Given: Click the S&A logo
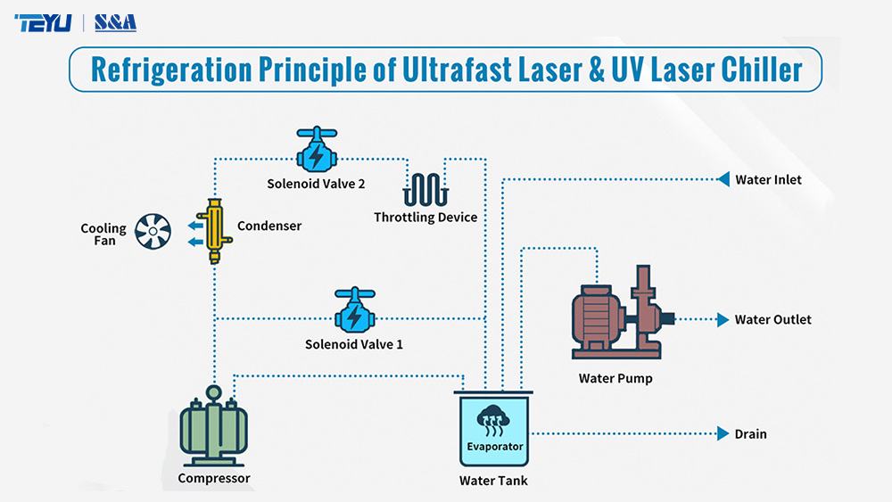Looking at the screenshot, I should click(x=115, y=22).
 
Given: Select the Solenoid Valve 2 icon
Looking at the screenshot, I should click(x=316, y=152).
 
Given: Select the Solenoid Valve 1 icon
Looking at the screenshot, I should click(x=354, y=311).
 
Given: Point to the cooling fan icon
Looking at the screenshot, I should click(x=153, y=233).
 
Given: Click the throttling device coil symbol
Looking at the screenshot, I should click(x=425, y=188).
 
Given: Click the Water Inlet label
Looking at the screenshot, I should click(x=768, y=180).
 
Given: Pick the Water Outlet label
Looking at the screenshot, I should click(x=772, y=320).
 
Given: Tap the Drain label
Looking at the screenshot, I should click(x=750, y=434).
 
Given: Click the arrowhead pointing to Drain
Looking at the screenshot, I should click(x=723, y=434).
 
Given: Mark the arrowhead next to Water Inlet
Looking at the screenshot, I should click(x=723, y=180).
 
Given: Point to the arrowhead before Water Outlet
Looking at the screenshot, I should click(x=723, y=319).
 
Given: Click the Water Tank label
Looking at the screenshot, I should click(x=493, y=481).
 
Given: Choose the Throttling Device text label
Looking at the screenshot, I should click(x=425, y=218).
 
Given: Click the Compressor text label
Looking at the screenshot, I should click(x=214, y=478).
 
